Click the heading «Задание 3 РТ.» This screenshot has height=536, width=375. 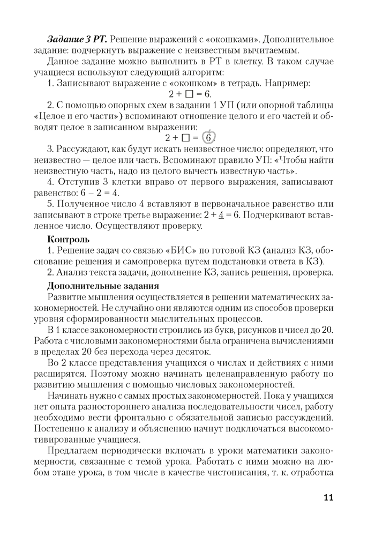(x=77, y=40)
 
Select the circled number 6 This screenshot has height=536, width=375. (x=209, y=136)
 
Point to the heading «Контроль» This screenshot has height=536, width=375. (x=69, y=239)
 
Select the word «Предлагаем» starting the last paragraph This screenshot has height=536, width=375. (x=74, y=451)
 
